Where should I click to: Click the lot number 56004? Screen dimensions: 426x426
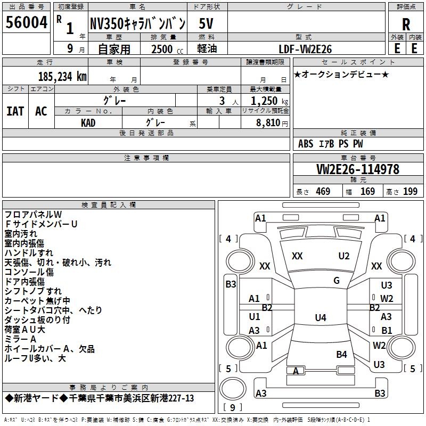[x=26, y=22]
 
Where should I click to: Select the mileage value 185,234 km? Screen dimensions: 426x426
[x=62, y=77]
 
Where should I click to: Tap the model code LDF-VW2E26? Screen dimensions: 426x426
[x=305, y=49]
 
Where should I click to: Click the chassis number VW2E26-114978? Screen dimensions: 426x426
[x=358, y=169]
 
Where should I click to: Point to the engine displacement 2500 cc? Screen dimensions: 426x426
[x=167, y=49]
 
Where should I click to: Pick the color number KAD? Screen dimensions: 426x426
[x=88, y=123]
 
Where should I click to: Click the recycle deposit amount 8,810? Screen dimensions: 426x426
[x=268, y=122]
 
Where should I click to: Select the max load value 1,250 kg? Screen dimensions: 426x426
[x=269, y=101]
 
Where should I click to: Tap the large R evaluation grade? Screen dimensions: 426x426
[x=406, y=24]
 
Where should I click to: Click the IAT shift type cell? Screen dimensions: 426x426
[x=15, y=111]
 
